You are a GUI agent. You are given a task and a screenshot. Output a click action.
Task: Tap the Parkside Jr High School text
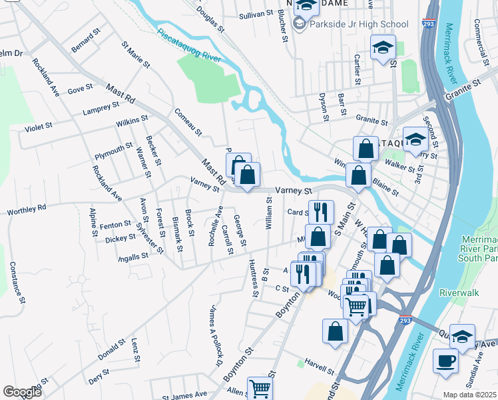tap(359, 25)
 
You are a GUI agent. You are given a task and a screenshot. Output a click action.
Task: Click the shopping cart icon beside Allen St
tap(260, 389)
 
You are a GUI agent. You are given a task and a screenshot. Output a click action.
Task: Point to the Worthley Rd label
tap(27, 210)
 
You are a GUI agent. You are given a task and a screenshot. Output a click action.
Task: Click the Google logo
tap(22, 392)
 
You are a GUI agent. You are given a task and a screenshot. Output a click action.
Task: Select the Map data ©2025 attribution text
tap(469, 395)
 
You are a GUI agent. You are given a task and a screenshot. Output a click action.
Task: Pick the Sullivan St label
tap(256, 13)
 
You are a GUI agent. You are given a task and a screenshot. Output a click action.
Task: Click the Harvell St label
tap(318, 366)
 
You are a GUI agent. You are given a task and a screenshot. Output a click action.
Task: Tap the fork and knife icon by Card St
tap(321, 212)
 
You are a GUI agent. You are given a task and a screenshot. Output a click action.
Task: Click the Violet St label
tap(38, 127)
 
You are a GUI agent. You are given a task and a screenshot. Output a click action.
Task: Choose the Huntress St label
tap(253, 277)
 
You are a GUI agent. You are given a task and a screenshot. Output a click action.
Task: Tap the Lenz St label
tap(136, 349)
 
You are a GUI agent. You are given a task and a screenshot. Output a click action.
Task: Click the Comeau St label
tap(187, 121)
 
